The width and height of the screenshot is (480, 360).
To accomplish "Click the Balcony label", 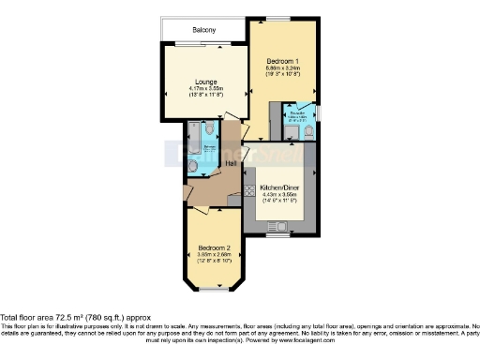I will pos(204,30).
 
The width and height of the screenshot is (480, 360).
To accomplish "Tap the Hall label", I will pos(229,163).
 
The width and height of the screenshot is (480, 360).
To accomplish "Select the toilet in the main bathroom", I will pos(194,167).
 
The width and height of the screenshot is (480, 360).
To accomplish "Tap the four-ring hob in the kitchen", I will pos(249,190).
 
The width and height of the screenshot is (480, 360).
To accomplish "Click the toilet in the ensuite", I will pos(308,132).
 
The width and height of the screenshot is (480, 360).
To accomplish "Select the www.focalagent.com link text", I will pos(410,342).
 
